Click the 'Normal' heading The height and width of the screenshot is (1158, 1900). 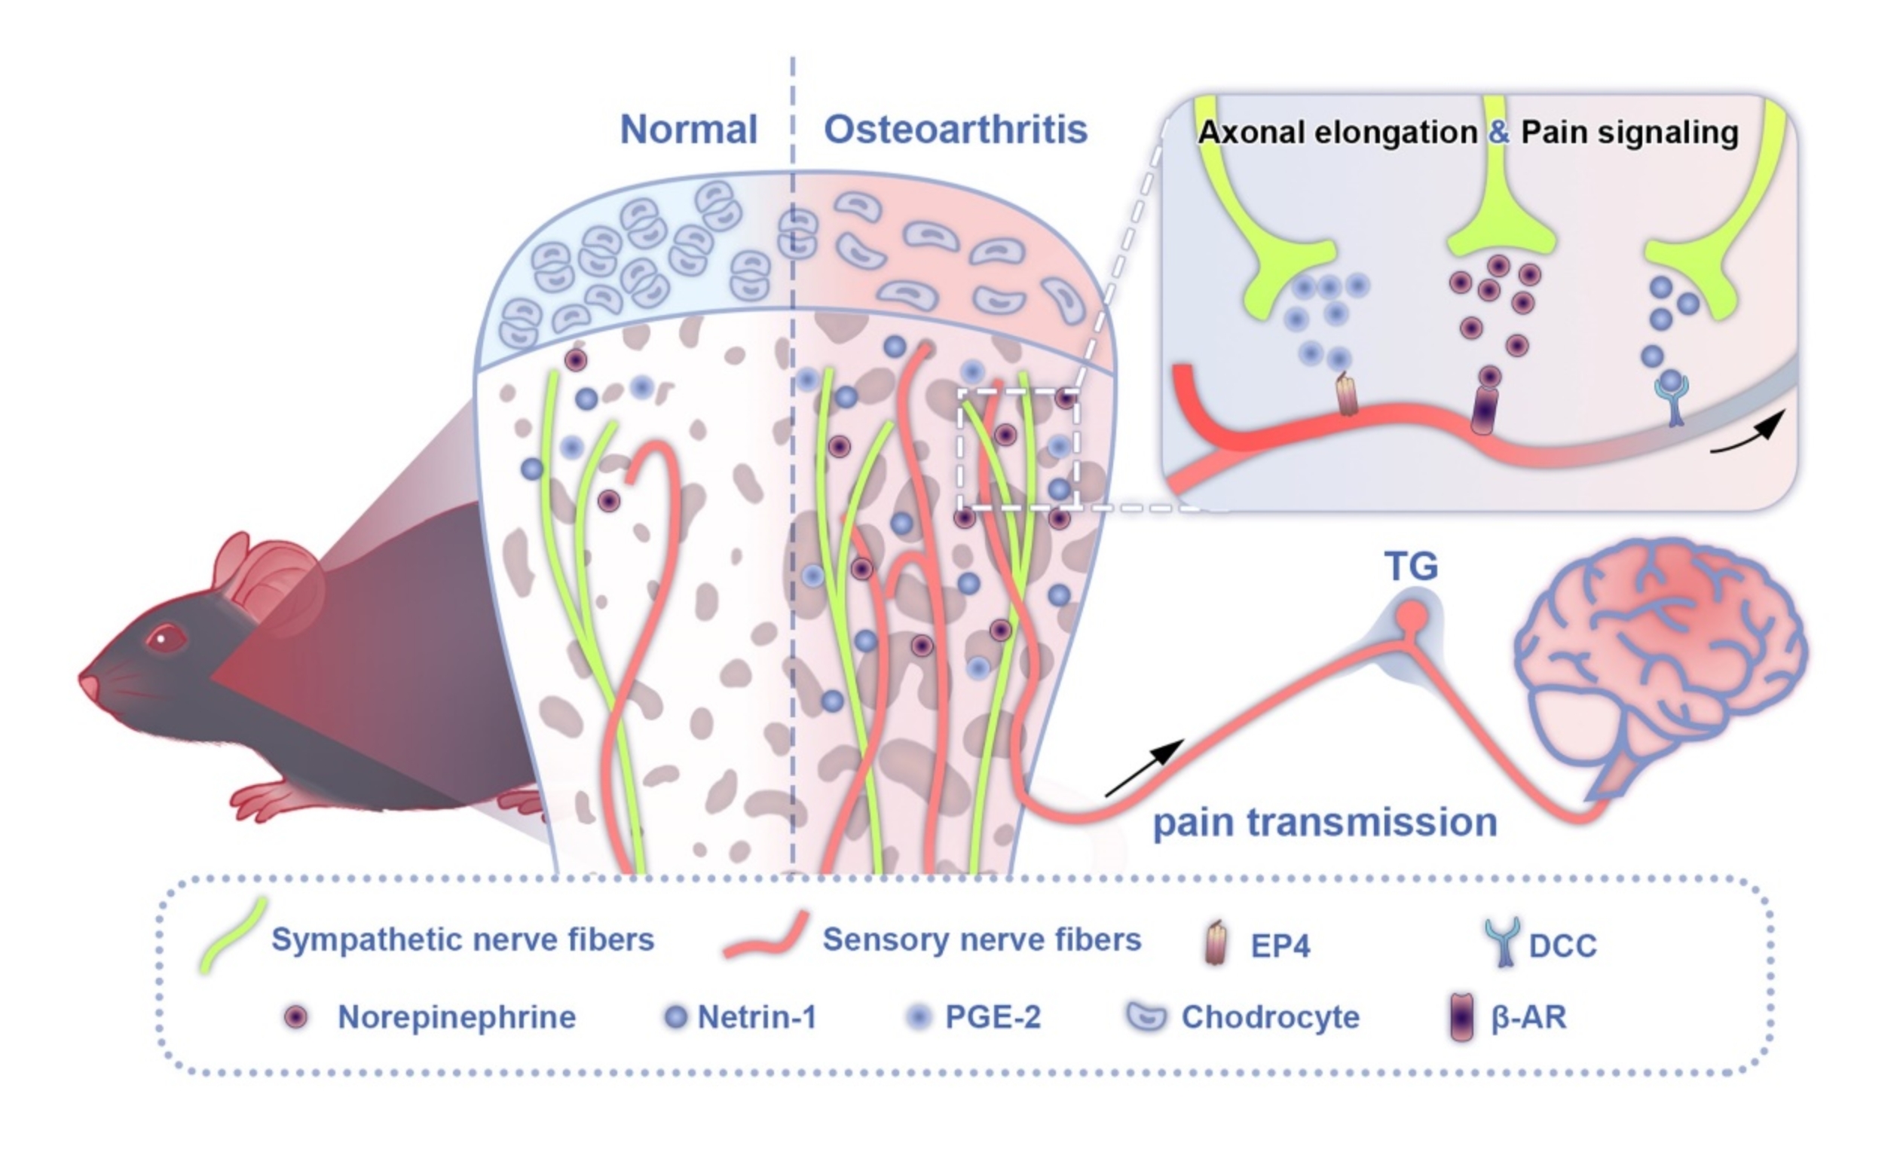click(x=688, y=130)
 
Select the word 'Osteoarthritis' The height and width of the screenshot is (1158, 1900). click(x=956, y=130)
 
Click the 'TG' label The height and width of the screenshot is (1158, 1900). click(x=1411, y=567)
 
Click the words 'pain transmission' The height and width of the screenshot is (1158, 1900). click(x=1325, y=823)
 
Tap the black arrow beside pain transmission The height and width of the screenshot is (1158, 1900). click(x=1145, y=768)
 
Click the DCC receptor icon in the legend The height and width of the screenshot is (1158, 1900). click(x=1502, y=941)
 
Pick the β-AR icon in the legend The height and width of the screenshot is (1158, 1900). click(x=1461, y=1017)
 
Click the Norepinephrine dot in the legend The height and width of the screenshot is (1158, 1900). click(x=295, y=1017)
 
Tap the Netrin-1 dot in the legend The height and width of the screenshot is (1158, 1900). click(x=675, y=1017)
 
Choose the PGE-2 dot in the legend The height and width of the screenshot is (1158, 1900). click(x=919, y=1017)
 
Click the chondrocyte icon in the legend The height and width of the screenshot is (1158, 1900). click(x=1146, y=1017)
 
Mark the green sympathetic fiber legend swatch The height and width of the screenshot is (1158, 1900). click(x=231, y=935)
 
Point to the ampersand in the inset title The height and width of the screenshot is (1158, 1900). click(x=1498, y=133)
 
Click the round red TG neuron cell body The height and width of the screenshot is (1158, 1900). click(x=1412, y=615)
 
